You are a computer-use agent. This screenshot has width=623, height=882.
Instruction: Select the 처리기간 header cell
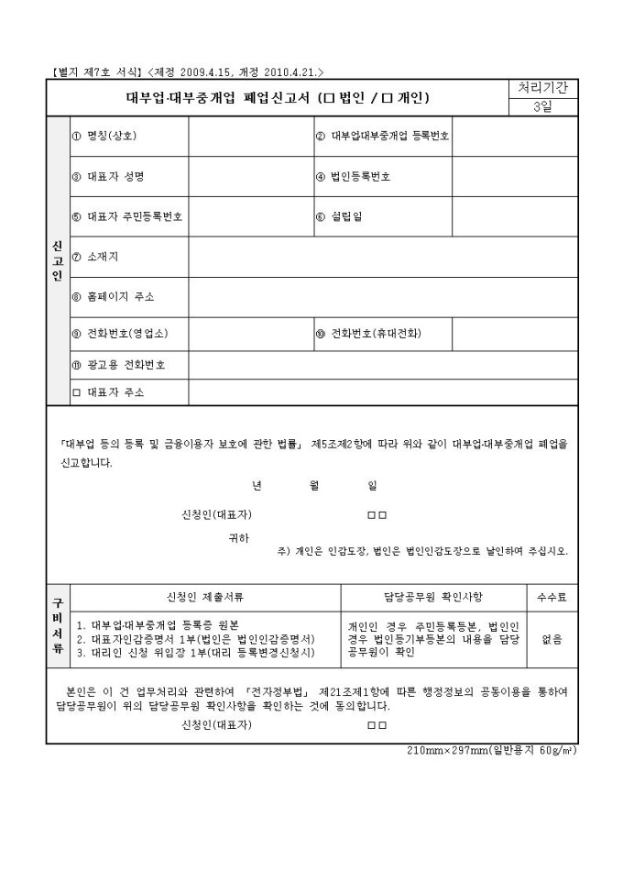click(x=542, y=88)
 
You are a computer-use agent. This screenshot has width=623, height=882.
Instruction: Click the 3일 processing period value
click(x=542, y=107)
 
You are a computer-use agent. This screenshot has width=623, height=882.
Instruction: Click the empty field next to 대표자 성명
click(x=248, y=176)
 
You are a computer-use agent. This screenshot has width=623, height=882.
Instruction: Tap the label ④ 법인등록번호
click(x=353, y=176)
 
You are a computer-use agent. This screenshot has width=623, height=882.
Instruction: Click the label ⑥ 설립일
click(x=333, y=217)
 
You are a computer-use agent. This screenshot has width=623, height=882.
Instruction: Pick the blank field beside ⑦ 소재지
click(x=383, y=257)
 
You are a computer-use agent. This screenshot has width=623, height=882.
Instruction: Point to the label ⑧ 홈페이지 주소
click(x=114, y=297)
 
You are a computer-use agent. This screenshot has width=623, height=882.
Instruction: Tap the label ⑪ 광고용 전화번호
click(x=119, y=365)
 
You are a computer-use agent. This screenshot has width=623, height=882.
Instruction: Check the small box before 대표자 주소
click(x=77, y=392)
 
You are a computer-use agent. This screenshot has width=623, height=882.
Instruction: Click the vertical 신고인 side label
click(x=57, y=260)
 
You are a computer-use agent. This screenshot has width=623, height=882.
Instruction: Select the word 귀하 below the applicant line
click(x=238, y=538)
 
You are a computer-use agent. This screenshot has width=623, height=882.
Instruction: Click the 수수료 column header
click(x=552, y=597)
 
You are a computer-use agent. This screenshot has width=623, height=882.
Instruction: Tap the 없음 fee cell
click(x=552, y=639)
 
